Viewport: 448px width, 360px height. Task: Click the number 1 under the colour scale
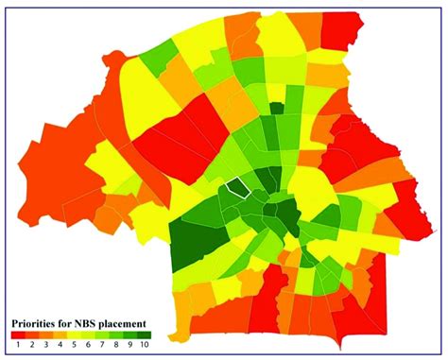pyautogui.click(x=18, y=345)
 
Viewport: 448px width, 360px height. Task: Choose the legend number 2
pyautogui.click(x=32, y=345)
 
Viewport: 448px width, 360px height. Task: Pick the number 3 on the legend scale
pyautogui.click(x=46, y=345)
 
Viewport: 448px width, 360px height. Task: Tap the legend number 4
pyautogui.click(x=60, y=345)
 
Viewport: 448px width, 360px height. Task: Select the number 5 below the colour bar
pyautogui.click(x=75, y=345)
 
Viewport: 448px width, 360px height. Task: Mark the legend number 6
pyautogui.click(x=89, y=345)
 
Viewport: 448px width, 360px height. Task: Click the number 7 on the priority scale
pyautogui.click(x=103, y=345)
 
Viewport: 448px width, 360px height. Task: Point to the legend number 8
pyautogui.click(x=116, y=345)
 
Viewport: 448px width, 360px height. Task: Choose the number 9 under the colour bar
pyautogui.click(x=130, y=345)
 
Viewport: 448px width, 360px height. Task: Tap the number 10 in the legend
pyautogui.click(x=145, y=345)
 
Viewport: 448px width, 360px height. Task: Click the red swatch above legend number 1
pyautogui.click(x=18, y=334)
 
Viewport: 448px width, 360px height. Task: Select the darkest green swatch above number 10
pyautogui.click(x=145, y=334)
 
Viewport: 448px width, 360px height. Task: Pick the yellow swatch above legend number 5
pyautogui.click(x=75, y=334)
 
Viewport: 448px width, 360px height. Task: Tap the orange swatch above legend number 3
pyautogui.click(x=46, y=334)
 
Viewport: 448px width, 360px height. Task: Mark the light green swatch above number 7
pyautogui.click(x=103, y=334)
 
